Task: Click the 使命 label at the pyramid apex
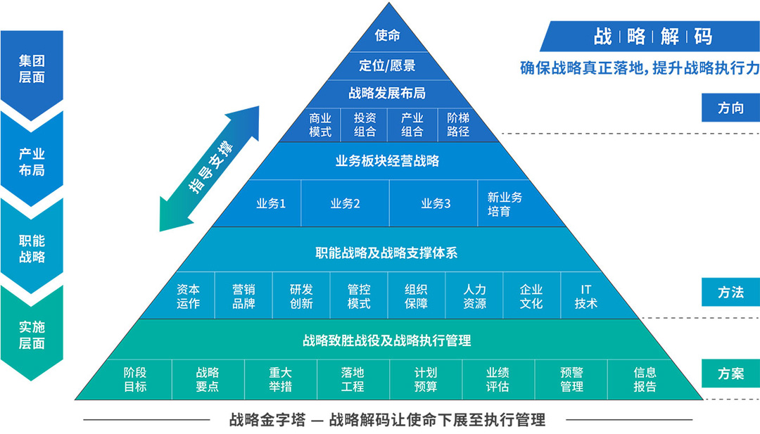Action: [387, 35]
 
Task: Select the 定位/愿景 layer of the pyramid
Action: [387, 65]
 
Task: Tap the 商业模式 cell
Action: [320, 125]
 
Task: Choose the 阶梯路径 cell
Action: [458, 125]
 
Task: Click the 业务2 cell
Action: [346, 203]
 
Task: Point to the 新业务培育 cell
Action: [505, 204]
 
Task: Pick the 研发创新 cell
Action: [301, 296]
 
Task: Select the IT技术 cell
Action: [586, 296]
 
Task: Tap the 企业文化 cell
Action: [531, 296]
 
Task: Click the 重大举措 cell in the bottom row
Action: [280, 379]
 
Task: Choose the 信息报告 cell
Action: [645, 379]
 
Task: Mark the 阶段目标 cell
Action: [135, 379]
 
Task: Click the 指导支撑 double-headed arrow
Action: [210, 167]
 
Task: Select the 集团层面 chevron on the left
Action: [32, 69]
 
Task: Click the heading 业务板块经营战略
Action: [387, 161]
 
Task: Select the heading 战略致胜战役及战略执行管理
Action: [387, 340]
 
